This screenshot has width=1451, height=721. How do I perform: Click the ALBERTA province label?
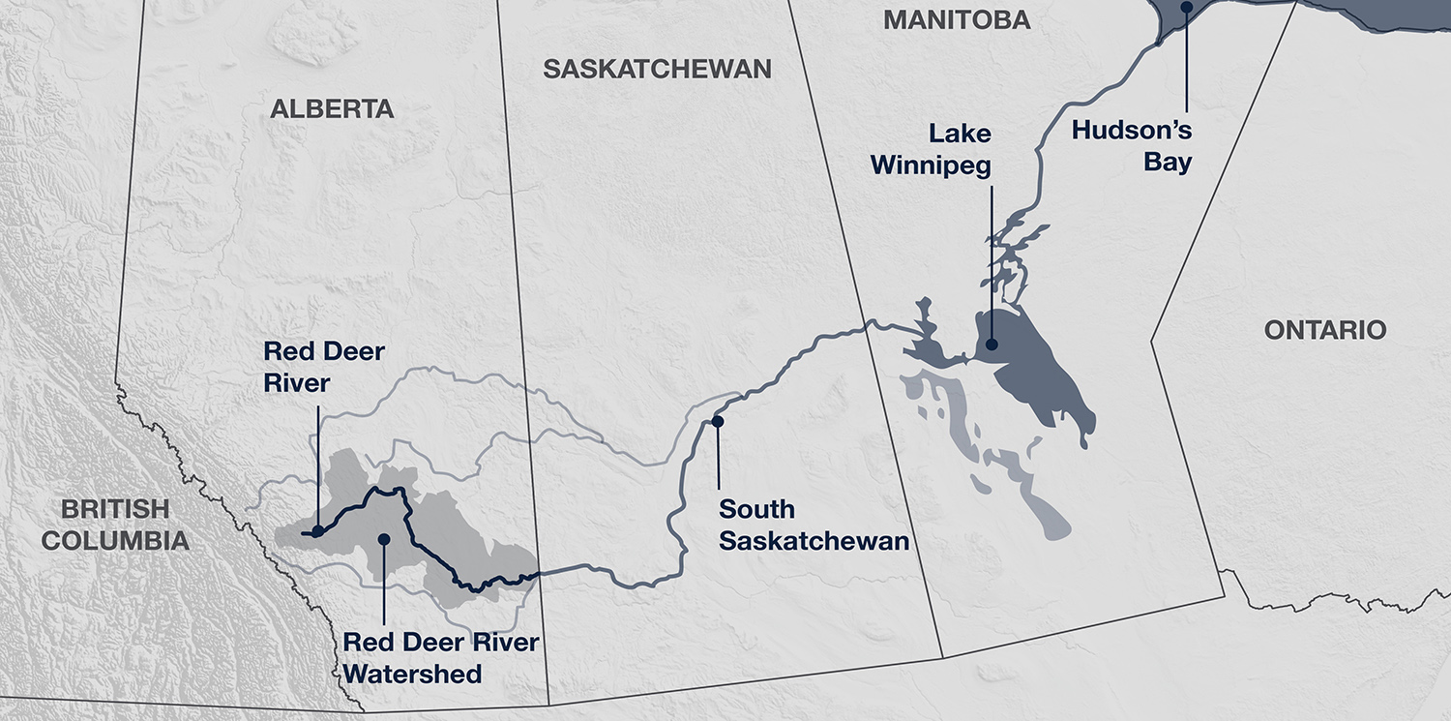[x=332, y=109]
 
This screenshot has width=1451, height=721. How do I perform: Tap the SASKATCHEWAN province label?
[x=657, y=69]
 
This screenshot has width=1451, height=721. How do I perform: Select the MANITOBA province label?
[x=957, y=19]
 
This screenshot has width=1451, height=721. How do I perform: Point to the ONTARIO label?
[x=1325, y=330]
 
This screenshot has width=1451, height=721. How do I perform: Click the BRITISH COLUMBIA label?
[x=114, y=525]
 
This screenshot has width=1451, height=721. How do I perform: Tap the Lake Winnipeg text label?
[x=931, y=149]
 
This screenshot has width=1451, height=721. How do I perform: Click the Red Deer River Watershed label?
[x=441, y=657]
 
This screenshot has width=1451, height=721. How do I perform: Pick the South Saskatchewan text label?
[x=814, y=525]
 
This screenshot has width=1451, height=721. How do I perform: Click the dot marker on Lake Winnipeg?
[x=992, y=344]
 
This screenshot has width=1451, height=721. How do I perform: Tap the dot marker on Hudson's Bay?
[x=1185, y=8]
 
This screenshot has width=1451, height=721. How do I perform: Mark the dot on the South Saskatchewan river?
[x=718, y=421]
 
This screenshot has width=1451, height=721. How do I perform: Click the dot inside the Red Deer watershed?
[x=384, y=538]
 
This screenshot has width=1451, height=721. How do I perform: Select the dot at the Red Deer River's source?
[x=317, y=531]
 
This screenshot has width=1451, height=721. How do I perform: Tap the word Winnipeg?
[x=931, y=165]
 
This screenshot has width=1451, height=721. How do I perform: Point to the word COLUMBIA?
[x=114, y=540]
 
